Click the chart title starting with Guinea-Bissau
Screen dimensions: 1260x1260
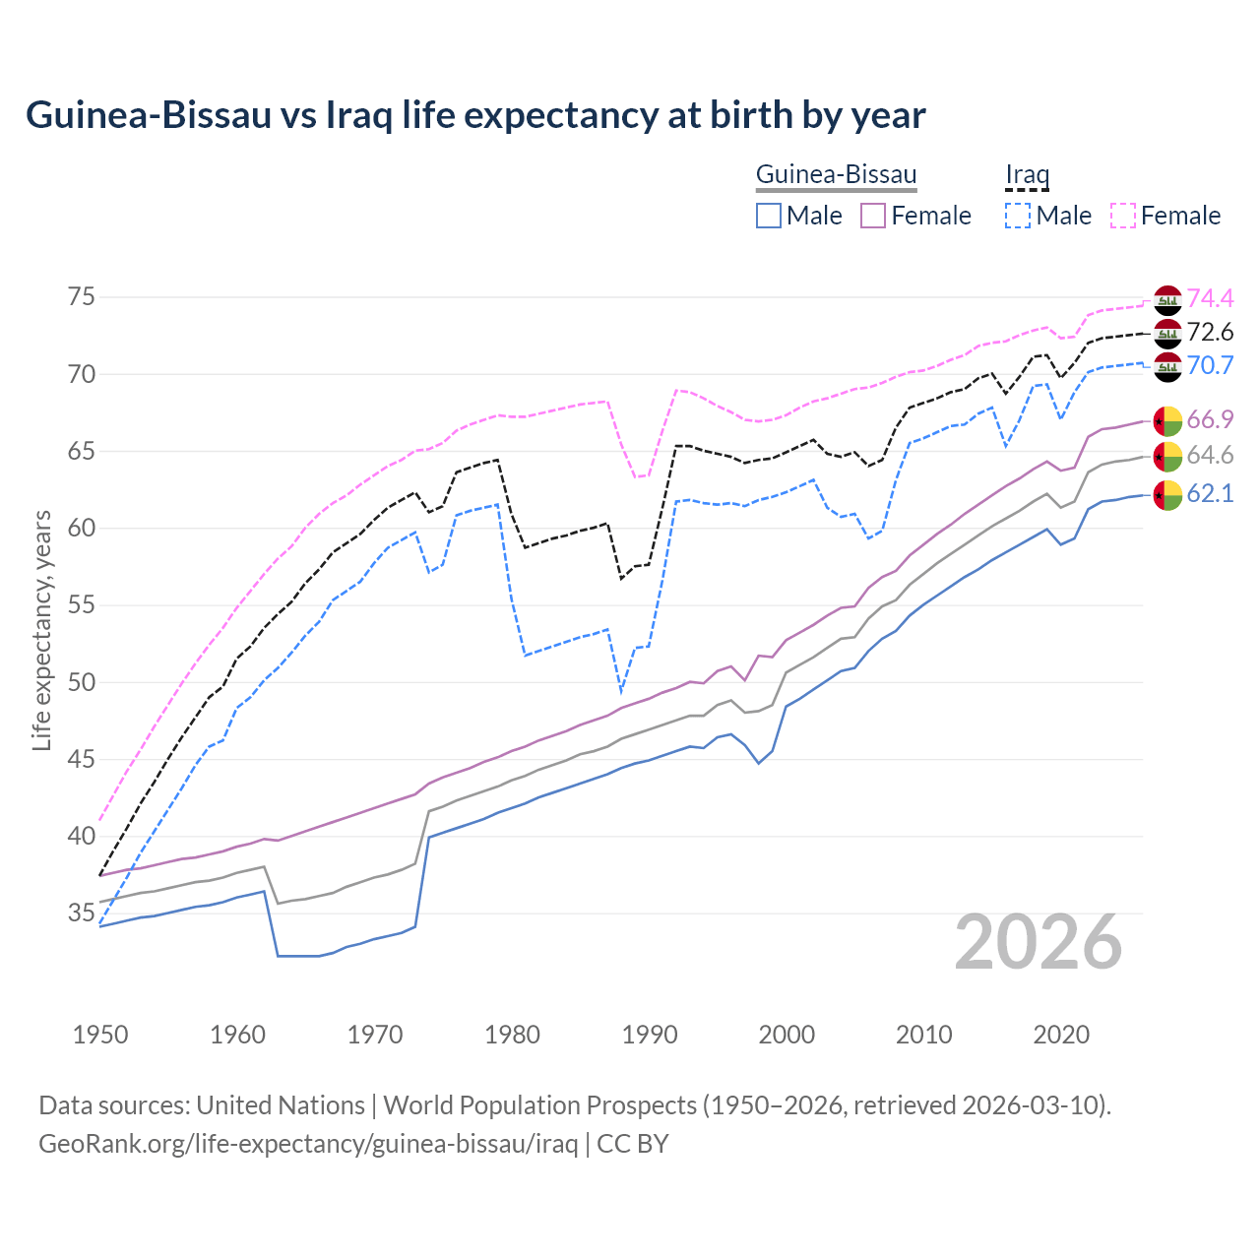(x=475, y=115)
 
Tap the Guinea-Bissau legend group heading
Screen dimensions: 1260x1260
(x=836, y=175)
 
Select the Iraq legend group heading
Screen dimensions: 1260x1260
(x=1027, y=175)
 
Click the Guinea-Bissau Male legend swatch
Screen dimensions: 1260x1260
(x=769, y=216)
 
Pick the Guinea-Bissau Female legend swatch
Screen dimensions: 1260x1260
(x=873, y=216)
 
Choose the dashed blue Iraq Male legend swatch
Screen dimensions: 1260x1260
(x=1018, y=216)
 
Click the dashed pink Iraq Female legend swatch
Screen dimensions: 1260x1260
(x=1123, y=216)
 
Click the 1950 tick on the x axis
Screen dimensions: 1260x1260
(x=100, y=1035)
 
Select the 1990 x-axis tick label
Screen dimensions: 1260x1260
(x=650, y=1035)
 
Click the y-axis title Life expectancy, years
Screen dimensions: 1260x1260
(x=41, y=630)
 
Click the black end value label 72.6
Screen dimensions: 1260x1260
(x=1210, y=333)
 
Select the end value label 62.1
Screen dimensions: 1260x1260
(x=1210, y=494)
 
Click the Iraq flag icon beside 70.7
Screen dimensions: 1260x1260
(x=1167, y=366)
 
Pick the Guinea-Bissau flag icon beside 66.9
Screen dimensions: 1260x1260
(x=1167, y=420)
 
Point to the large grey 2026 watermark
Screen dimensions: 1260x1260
(x=1039, y=942)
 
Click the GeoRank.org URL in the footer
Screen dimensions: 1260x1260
(x=308, y=1144)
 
